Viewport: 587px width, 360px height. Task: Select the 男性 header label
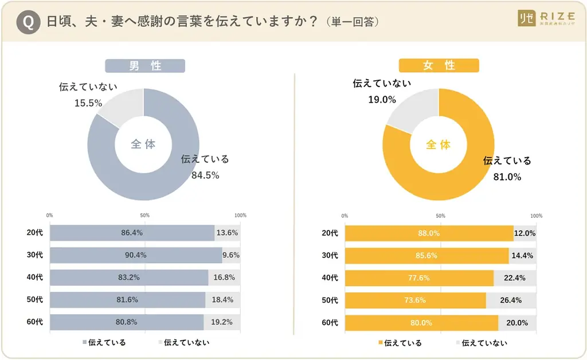(145, 66)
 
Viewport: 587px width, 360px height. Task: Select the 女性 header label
(439, 66)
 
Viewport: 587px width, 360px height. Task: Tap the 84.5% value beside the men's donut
(205, 175)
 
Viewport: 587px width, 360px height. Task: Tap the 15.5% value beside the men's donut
(88, 103)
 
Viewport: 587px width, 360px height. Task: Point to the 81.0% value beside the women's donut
(507, 177)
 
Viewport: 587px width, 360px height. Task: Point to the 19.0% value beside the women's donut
(382, 99)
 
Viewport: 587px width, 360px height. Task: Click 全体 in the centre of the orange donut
(439, 144)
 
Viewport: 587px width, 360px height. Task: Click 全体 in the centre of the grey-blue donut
(143, 144)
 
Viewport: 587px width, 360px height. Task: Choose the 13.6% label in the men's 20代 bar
(228, 233)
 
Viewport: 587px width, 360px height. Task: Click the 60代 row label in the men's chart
(36, 322)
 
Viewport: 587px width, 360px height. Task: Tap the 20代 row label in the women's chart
(330, 233)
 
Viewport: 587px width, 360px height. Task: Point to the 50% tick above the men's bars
(145, 216)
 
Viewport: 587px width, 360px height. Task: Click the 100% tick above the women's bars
(536, 216)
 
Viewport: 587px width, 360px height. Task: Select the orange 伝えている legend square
(379, 343)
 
